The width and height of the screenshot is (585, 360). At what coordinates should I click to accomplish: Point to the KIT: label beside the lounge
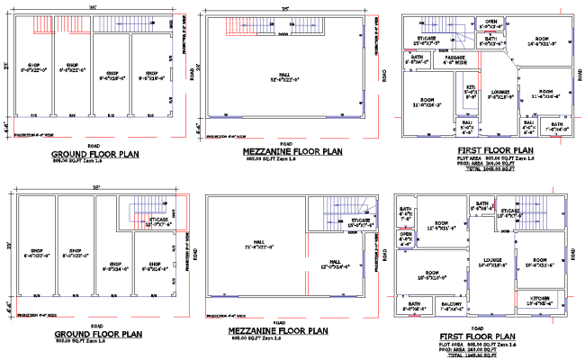click(x=470, y=91)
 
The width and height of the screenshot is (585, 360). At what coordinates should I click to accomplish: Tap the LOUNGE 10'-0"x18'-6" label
click(x=491, y=263)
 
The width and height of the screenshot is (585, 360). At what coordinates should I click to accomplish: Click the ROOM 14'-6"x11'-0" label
click(x=543, y=41)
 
